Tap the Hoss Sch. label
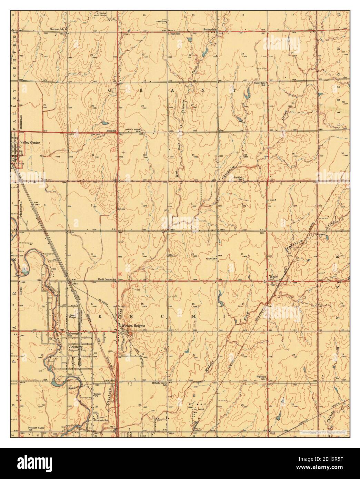[x=111, y=131]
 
